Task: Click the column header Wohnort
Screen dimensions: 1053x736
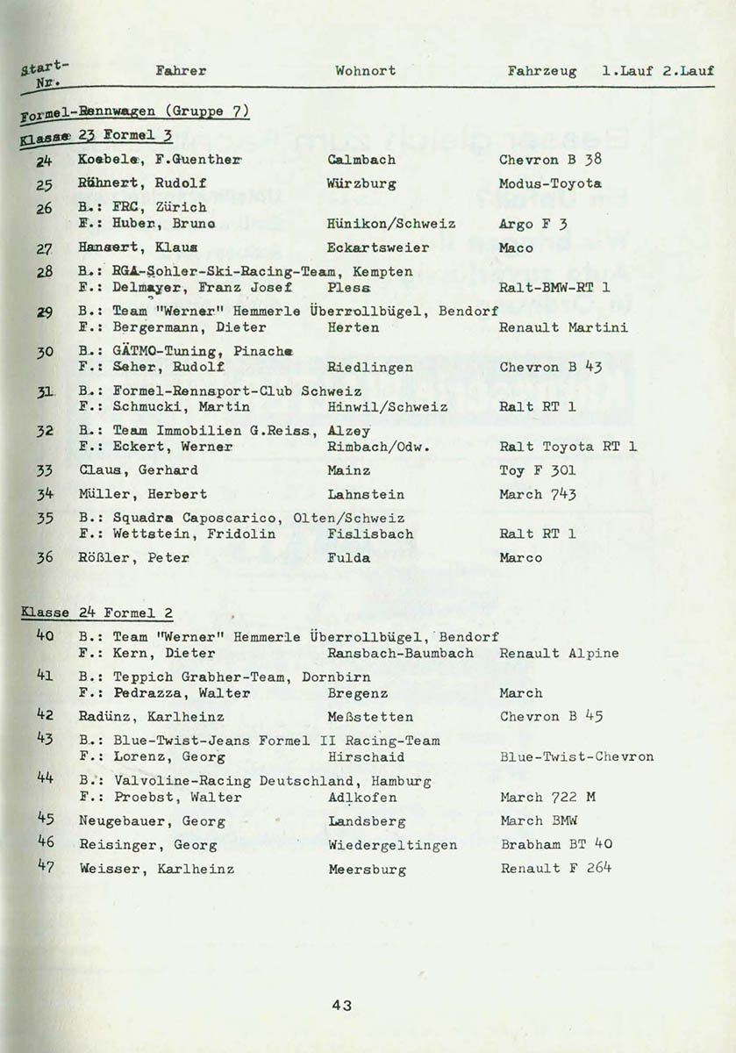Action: pyautogui.click(x=365, y=71)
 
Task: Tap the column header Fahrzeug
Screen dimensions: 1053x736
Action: pyautogui.click(x=542, y=71)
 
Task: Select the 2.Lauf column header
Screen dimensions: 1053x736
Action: pyautogui.click(x=688, y=71)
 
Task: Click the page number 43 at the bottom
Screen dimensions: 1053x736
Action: pyautogui.click(x=342, y=1006)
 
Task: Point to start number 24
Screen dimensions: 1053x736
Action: pyautogui.click(x=45, y=160)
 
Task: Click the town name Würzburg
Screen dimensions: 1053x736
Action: pyautogui.click(x=361, y=184)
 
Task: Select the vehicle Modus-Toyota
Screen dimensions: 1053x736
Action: pyautogui.click(x=550, y=184)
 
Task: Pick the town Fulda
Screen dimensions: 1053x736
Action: pyautogui.click(x=349, y=557)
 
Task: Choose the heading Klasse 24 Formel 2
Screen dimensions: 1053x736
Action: pyautogui.click(x=89, y=613)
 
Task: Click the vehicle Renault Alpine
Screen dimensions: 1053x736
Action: pyautogui.click(x=559, y=653)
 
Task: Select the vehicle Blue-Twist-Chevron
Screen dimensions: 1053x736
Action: pyautogui.click(x=576, y=756)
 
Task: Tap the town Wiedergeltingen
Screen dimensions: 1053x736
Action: pyautogui.click(x=392, y=845)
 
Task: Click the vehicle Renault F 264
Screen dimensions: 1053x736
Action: pyautogui.click(x=556, y=869)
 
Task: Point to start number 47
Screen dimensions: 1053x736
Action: pyautogui.click(x=46, y=866)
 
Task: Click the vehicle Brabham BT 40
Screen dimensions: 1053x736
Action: pyautogui.click(x=556, y=845)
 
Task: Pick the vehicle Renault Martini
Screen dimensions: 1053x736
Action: pyautogui.click(x=563, y=327)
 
